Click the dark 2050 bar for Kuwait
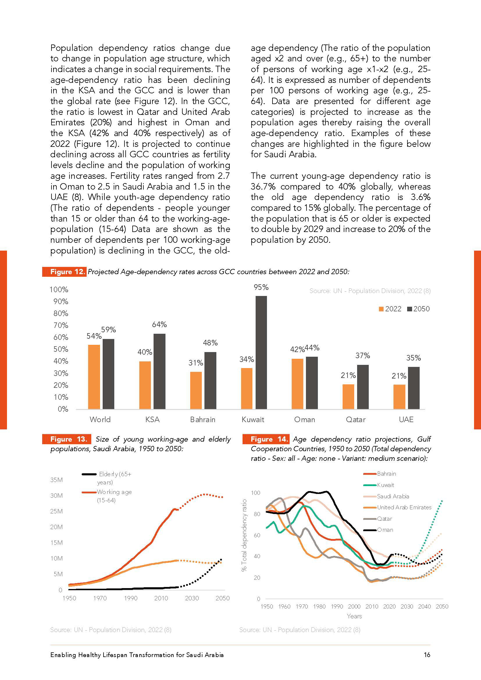click(261, 352)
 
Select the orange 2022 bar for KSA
click(145, 385)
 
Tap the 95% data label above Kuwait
click(261, 287)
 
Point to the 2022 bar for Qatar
click(348, 397)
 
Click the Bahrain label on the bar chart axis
click(203, 420)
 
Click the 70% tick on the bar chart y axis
click(61, 326)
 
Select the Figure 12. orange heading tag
click(64, 272)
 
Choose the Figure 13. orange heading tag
click(67, 439)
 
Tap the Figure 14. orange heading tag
click(266, 439)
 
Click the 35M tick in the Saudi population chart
click(57, 480)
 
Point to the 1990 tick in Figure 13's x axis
click(131, 598)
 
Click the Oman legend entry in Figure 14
click(385, 530)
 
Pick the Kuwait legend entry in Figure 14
click(385, 485)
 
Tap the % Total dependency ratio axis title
click(244, 535)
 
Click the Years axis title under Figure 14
click(354, 616)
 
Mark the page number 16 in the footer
click(427, 655)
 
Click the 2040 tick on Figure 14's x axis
click(424, 606)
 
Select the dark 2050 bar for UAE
click(414, 388)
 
